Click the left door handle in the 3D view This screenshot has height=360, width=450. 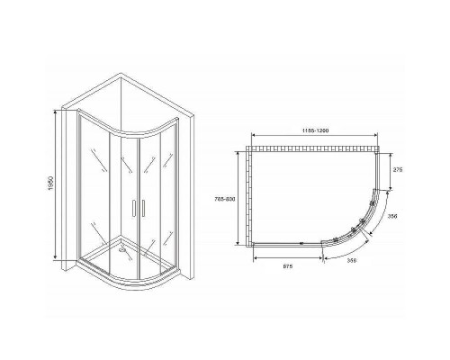132,208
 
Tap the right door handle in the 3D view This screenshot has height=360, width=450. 139,208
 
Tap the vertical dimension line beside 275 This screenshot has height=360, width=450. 387,171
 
